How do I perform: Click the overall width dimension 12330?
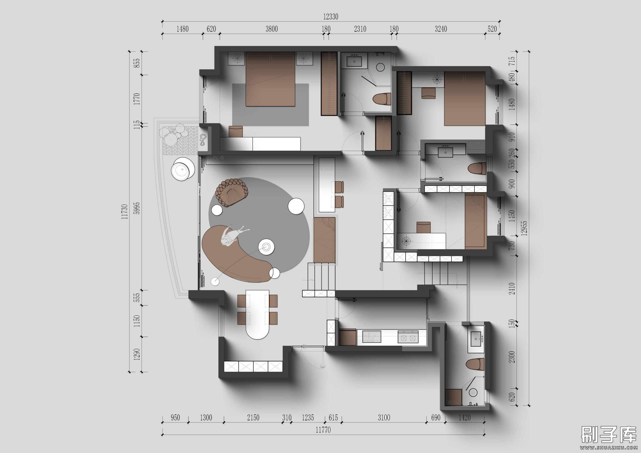tap(331, 17)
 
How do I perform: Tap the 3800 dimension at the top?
tap(272, 29)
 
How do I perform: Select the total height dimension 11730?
tap(125, 211)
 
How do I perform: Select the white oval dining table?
tap(257, 314)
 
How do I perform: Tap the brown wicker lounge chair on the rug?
tap(232, 193)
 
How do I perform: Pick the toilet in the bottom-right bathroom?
tap(475, 364)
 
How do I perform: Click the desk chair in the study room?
tap(424, 227)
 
